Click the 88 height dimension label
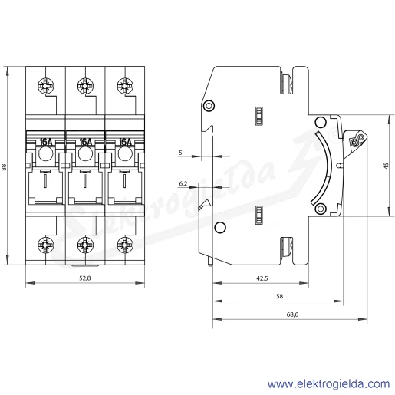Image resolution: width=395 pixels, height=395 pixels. (x=4, y=167)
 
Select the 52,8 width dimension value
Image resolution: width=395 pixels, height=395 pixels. (x=85, y=278)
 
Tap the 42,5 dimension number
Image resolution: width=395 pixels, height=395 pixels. (x=262, y=278)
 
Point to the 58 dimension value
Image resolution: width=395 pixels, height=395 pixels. (x=280, y=296)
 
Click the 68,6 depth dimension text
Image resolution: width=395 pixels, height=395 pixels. (x=292, y=314)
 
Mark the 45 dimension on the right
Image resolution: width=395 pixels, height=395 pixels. (x=386, y=166)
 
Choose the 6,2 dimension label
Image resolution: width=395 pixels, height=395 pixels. (x=183, y=183)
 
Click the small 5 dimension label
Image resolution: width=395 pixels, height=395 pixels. (x=180, y=153)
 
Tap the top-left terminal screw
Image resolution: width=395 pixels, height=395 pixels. (x=46, y=86)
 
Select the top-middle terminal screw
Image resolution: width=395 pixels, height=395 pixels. (x=85, y=86)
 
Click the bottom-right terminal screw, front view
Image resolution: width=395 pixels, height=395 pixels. (x=125, y=245)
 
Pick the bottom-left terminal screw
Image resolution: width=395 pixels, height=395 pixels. (x=46, y=245)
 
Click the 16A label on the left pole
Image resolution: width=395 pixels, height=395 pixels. (x=46, y=142)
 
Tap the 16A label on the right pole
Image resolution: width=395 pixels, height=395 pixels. (x=125, y=142)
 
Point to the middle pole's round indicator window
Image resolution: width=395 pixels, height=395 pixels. (x=85, y=154)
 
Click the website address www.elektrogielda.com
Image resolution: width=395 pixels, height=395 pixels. (x=328, y=383)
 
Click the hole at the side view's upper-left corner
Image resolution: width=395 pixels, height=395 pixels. (x=209, y=106)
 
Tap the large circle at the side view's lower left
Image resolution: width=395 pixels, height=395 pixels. (x=220, y=227)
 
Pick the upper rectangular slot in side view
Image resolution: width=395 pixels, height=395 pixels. (x=259, y=116)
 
